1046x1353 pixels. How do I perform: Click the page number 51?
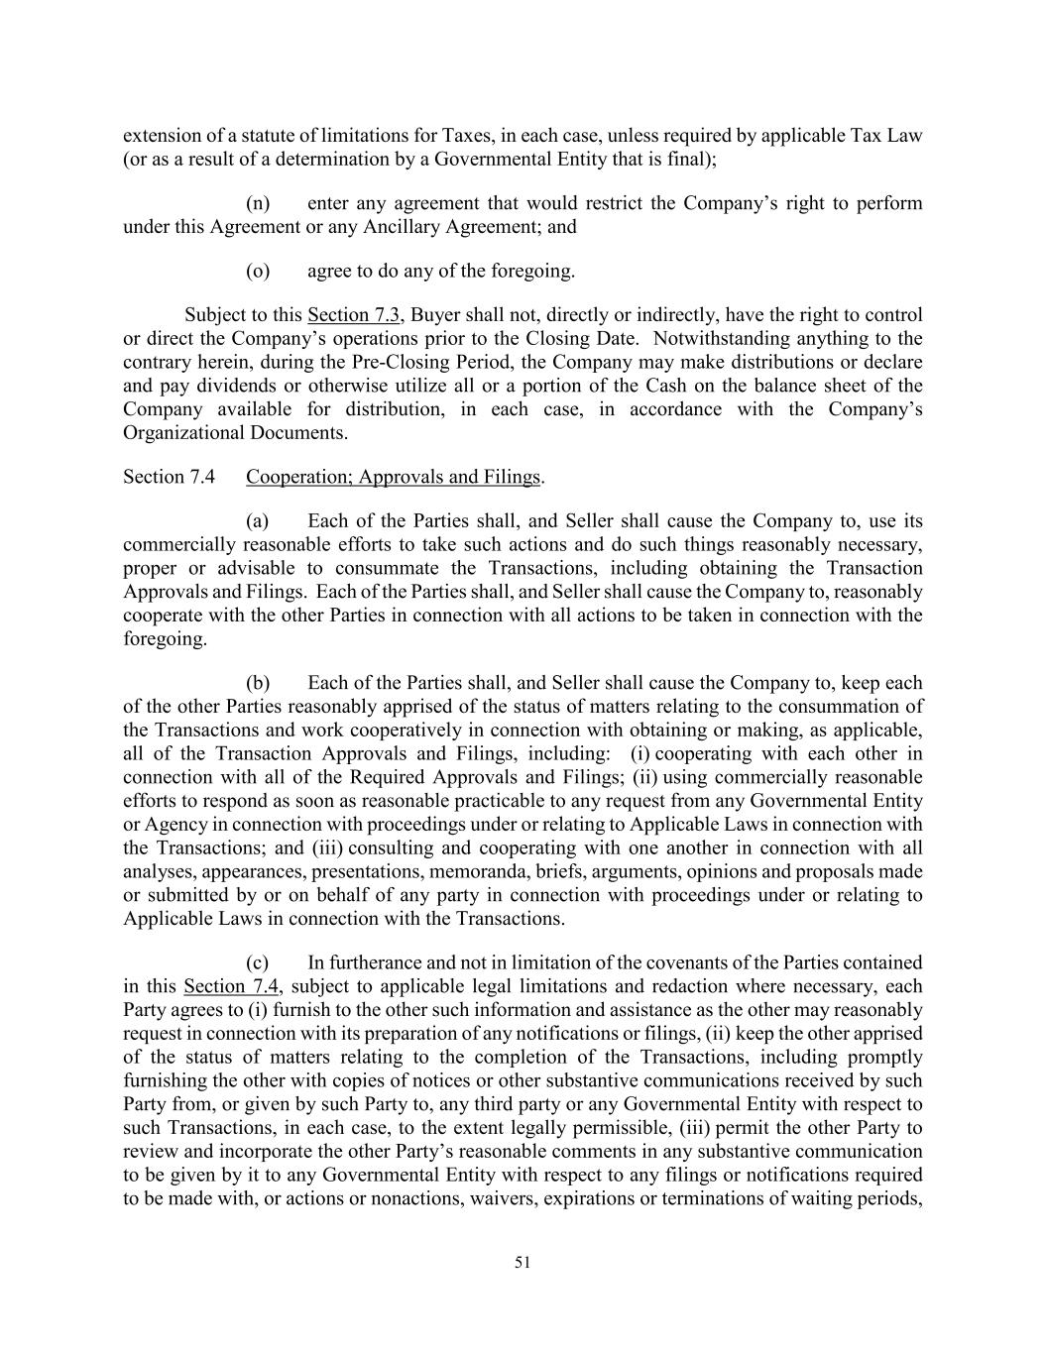click(x=523, y=1262)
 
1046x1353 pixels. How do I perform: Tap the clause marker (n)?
click(x=258, y=203)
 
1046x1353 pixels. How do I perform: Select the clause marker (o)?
click(x=258, y=271)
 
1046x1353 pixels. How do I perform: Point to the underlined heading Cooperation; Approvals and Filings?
click(x=393, y=477)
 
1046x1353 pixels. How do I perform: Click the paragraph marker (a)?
click(x=258, y=521)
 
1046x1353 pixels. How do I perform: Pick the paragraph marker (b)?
click(x=258, y=683)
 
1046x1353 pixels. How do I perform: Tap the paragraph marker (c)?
click(x=258, y=962)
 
